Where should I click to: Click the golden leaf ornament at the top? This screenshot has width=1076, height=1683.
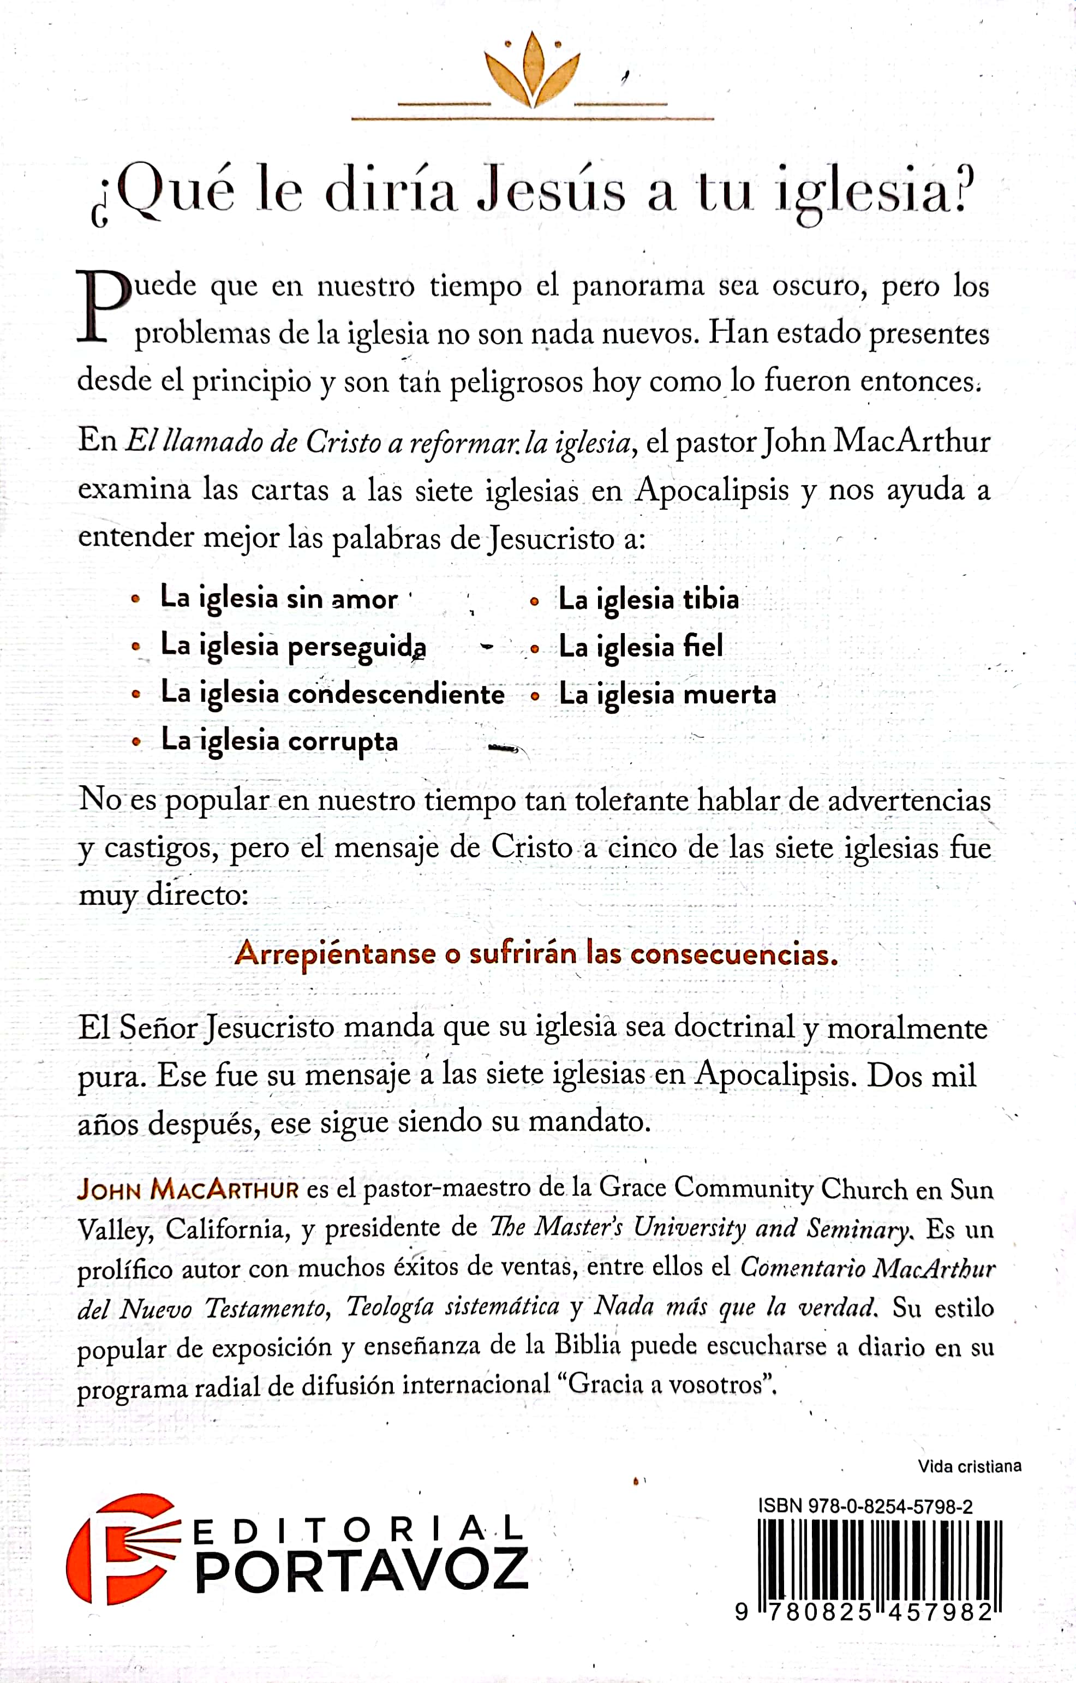[533, 72]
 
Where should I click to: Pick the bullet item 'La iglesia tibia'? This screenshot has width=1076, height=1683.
[648, 600]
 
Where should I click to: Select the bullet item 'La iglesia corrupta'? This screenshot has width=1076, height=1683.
[279, 741]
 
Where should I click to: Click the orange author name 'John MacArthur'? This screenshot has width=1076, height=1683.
[188, 1189]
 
